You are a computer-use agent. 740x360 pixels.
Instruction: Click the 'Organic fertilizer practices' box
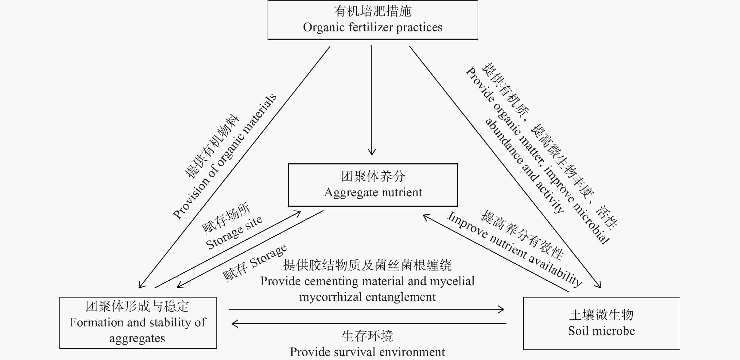click(373, 20)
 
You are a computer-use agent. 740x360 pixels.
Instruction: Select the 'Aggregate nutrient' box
click(373, 185)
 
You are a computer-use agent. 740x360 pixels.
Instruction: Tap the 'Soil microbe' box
click(601, 323)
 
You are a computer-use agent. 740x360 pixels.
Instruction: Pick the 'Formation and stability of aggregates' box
click(138, 323)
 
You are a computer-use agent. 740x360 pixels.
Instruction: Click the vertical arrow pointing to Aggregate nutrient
click(372, 101)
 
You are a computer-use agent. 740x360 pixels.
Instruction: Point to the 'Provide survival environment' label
click(367, 352)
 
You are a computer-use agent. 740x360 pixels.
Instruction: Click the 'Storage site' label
click(234, 232)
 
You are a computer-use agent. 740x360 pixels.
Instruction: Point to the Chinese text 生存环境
click(367, 336)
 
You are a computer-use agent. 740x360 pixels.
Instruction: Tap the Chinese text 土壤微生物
click(601, 315)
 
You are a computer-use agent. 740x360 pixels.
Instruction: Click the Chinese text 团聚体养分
click(373, 176)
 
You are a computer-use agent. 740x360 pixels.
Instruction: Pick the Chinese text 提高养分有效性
click(522, 235)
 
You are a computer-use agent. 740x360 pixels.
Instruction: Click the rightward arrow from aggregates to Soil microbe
click(366, 310)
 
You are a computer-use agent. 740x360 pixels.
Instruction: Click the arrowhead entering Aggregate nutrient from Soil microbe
click(425, 216)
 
